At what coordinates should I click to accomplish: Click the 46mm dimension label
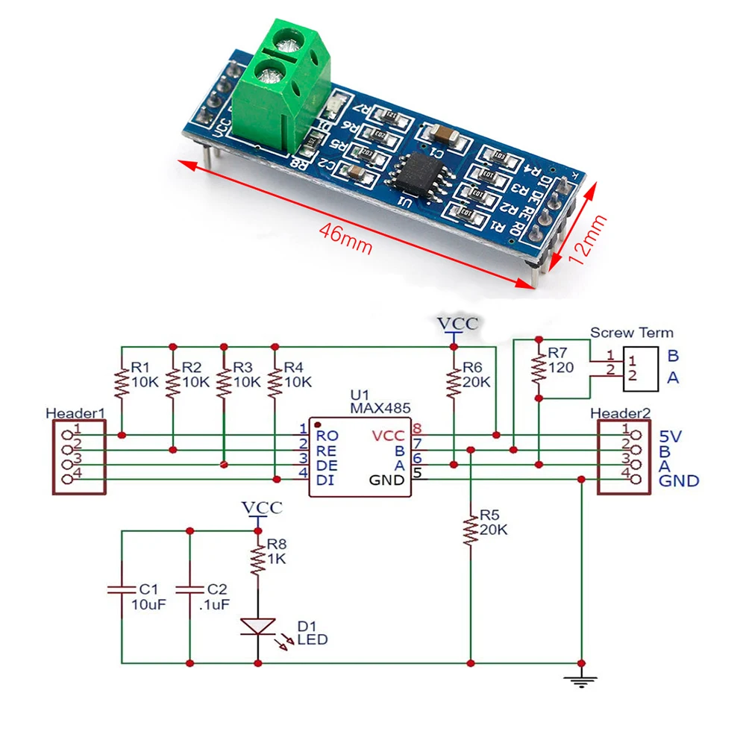click(345, 237)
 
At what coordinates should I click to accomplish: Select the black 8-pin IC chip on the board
click(413, 171)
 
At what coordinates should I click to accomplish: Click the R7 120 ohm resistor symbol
click(537, 368)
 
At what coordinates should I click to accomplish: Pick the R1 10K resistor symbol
click(121, 383)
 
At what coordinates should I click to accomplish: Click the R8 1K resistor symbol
click(257, 558)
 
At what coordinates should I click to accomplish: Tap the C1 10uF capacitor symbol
click(122, 589)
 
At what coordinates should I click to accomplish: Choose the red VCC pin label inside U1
click(388, 434)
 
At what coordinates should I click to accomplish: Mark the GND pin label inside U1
click(387, 480)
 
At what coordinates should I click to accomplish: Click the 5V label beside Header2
click(673, 435)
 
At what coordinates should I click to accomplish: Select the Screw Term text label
click(631, 333)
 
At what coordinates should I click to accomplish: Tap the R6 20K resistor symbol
click(453, 383)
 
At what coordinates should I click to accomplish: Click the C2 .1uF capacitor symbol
click(189, 589)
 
